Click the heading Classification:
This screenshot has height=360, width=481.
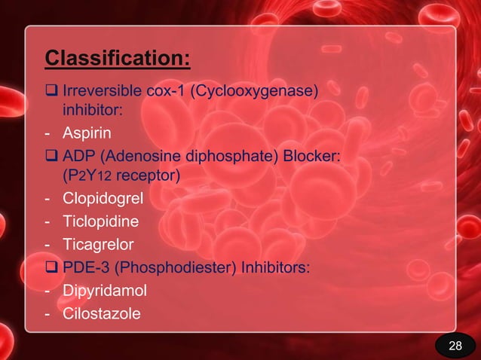click(x=118, y=58)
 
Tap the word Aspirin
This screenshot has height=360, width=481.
click(x=87, y=134)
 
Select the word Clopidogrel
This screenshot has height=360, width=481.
click(x=102, y=200)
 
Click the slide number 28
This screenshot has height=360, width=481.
click(x=455, y=346)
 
